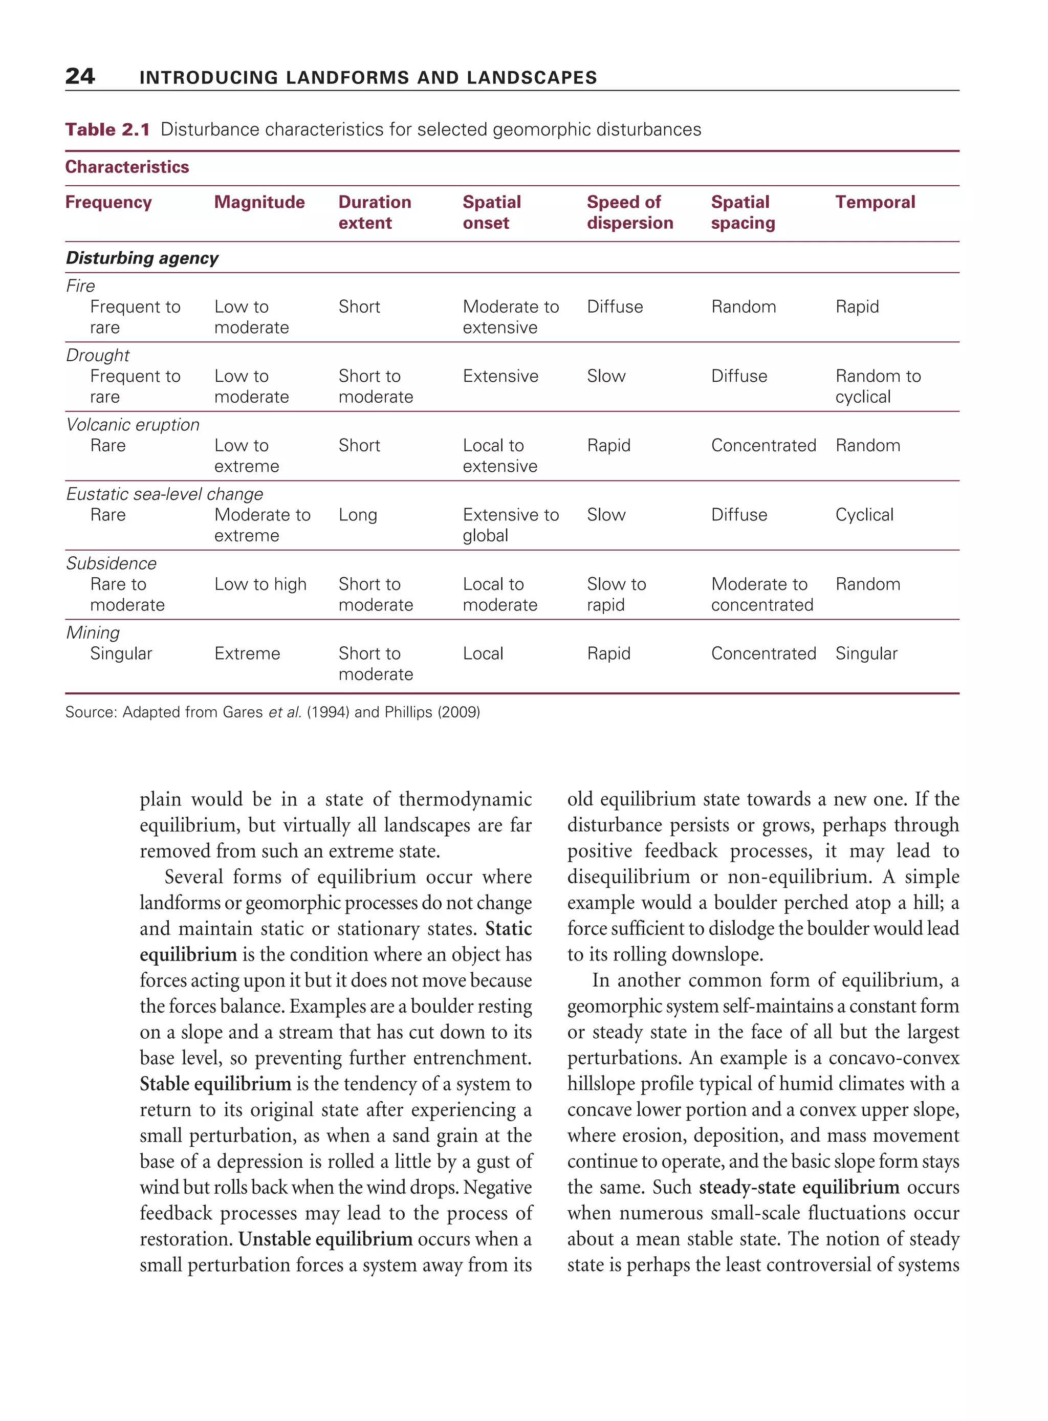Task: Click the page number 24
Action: tap(80, 76)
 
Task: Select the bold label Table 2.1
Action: tap(107, 129)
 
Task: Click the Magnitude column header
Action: tap(259, 202)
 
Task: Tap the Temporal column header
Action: tap(875, 202)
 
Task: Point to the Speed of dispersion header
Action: tap(629, 212)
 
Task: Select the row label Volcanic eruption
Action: tap(133, 424)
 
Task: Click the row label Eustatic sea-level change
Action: tap(164, 494)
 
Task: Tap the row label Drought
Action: tap(98, 355)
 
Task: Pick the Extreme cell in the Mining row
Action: tap(247, 653)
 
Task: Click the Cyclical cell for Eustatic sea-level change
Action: tap(864, 514)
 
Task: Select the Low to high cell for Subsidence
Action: tap(260, 584)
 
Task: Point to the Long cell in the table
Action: tap(358, 514)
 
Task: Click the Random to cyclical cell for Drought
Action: tap(878, 386)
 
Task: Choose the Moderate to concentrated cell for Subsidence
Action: tap(762, 594)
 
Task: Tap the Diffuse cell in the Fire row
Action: tap(615, 307)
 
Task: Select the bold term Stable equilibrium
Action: tap(215, 1083)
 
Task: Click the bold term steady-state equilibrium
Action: tap(799, 1187)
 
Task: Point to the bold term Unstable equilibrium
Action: tap(325, 1239)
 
